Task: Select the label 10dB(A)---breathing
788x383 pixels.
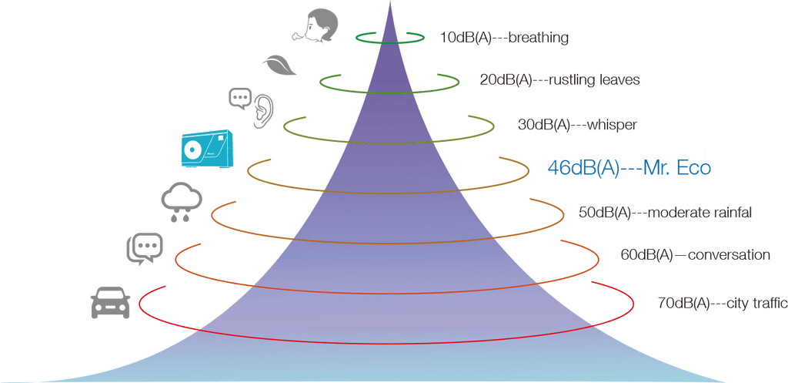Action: click(x=504, y=37)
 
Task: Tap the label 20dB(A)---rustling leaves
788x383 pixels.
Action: click(x=559, y=79)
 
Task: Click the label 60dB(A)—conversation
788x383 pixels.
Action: click(x=694, y=254)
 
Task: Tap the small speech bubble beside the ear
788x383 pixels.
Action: click(x=240, y=97)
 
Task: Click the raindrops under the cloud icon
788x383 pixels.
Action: click(x=182, y=217)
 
